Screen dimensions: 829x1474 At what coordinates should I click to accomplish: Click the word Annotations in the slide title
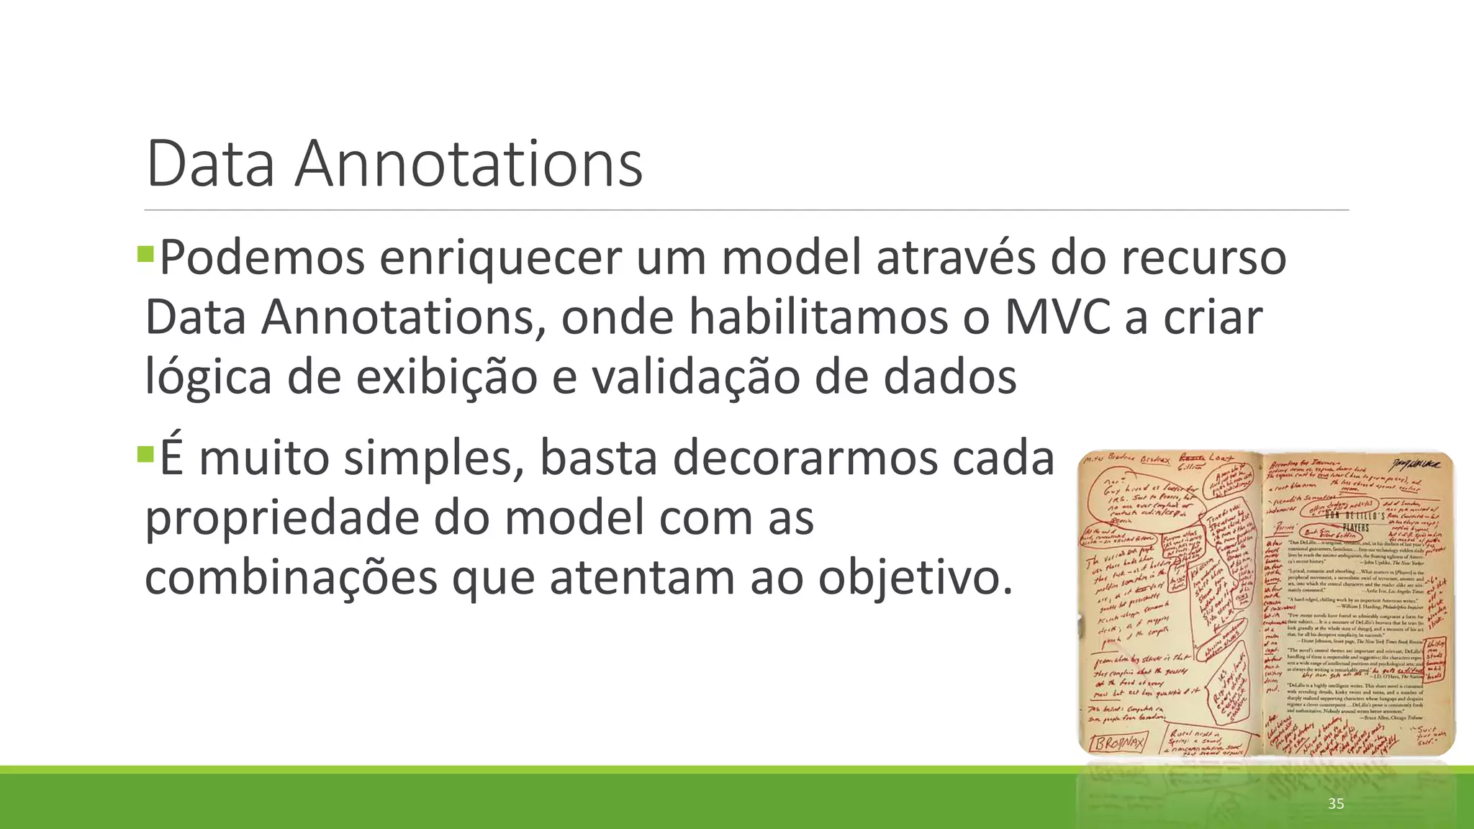pyautogui.click(x=468, y=164)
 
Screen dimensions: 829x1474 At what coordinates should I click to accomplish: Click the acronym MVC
pyautogui.click(x=1057, y=317)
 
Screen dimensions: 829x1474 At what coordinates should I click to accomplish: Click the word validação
pyautogui.click(x=695, y=377)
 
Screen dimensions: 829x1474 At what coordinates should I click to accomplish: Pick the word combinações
pyautogui.click(x=291, y=577)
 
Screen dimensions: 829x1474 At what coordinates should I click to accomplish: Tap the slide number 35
pyautogui.click(x=1336, y=804)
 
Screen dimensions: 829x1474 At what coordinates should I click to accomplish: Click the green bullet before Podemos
pyautogui.click(x=145, y=253)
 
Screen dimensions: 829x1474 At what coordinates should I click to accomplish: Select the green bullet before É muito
pyautogui.click(x=145, y=454)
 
